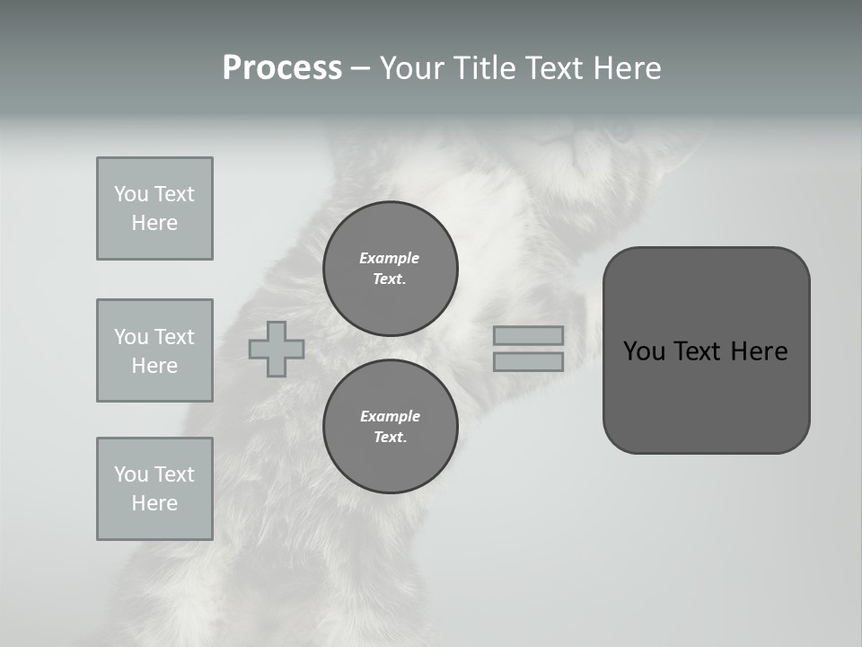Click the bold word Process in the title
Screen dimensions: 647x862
coord(282,68)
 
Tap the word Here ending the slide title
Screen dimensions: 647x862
coord(626,68)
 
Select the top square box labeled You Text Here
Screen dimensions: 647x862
coord(154,208)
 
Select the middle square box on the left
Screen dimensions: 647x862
coord(154,350)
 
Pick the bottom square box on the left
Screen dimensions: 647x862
coord(154,489)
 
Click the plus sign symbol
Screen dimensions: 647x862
coord(277,349)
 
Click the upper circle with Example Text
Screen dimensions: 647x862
coord(390,269)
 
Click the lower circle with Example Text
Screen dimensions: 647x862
coord(390,427)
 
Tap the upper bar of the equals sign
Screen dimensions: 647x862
coord(528,336)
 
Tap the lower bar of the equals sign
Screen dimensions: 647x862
coord(528,361)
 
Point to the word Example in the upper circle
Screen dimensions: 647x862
coord(390,258)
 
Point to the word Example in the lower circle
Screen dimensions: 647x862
coord(390,416)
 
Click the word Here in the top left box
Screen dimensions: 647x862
coord(154,223)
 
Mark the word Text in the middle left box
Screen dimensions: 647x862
coord(174,337)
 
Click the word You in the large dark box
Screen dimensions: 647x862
coord(643,351)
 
